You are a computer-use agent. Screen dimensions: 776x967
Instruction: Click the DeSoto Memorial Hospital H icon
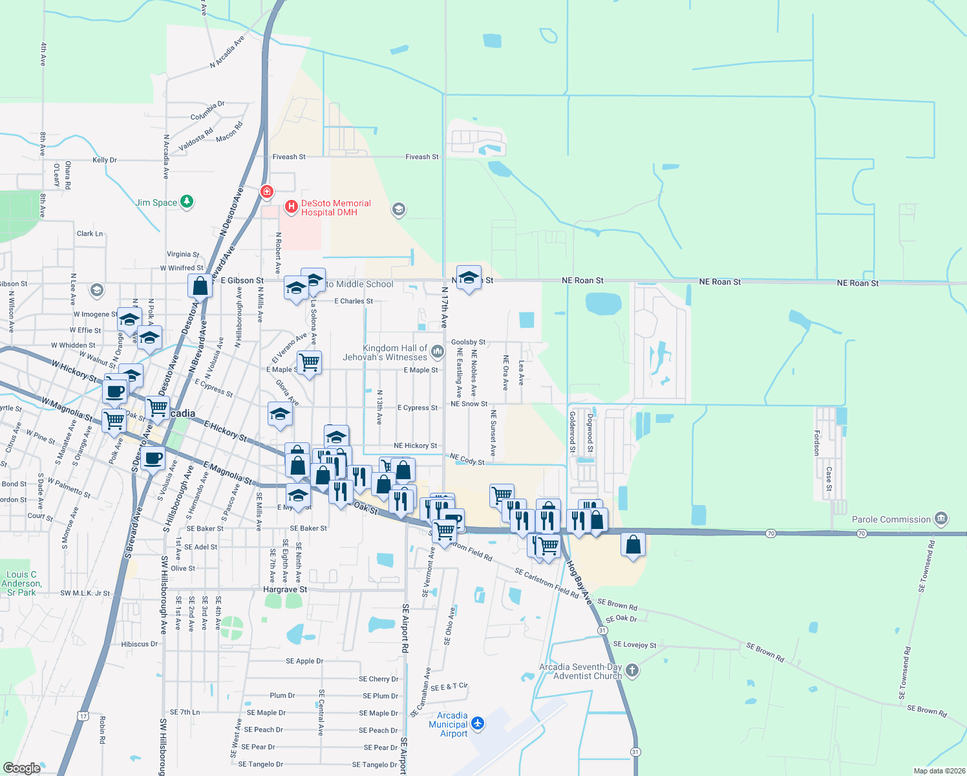pyautogui.click(x=291, y=207)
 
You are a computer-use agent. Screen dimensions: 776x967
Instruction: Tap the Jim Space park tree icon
pyautogui.click(x=187, y=202)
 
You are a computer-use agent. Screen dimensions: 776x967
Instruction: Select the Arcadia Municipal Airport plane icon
pyautogui.click(x=478, y=723)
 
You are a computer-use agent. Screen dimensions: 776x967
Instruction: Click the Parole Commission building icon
pyautogui.click(x=941, y=519)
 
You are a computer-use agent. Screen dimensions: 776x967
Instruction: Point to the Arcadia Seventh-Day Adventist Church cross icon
pyautogui.click(x=632, y=671)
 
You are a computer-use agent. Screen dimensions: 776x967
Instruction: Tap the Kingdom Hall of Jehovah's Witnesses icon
pyautogui.click(x=438, y=352)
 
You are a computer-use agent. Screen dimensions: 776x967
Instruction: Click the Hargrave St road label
pyautogui.click(x=285, y=590)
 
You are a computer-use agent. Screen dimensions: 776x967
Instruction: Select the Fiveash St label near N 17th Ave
pyautogui.click(x=421, y=157)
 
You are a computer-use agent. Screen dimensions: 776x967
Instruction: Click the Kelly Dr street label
pyautogui.click(x=105, y=160)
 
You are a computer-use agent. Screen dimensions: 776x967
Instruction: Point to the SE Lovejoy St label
pyautogui.click(x=634, y=645)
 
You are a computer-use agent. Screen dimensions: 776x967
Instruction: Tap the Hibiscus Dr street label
pyautogui.click(x=139, y=644)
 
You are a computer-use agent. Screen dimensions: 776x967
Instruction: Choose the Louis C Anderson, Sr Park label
pyautogui.click(x=21, y=583)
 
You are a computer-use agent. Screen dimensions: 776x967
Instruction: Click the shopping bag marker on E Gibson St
pyautogui.click(x=200, y=285)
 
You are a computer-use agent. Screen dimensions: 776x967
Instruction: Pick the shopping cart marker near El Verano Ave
pyautogui.click(x=309, y=362)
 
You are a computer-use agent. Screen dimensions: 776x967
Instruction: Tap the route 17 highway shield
pyautogui.click(x=83, y=716)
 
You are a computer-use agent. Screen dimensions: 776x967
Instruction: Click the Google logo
pyautogui.click(x=22, y=768)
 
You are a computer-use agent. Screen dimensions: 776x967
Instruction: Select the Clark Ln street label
pyautogui.click(x=90, y=234)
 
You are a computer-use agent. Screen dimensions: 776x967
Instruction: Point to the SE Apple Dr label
pyautogui.click(x=304, y=662)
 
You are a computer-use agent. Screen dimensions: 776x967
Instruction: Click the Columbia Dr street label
pyautogui.click(x=207, y=111)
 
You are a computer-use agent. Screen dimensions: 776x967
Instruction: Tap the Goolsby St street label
pyautogui.click(x=468, y=342)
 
